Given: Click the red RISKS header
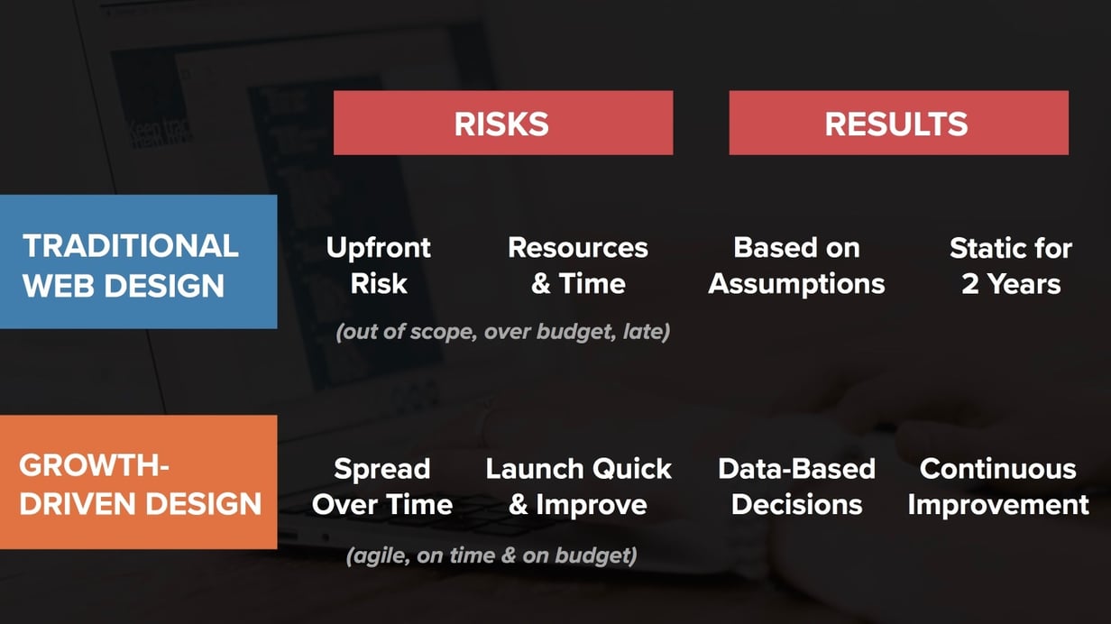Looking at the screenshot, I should point(502,124).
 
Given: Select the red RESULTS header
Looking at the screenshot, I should point(897,124).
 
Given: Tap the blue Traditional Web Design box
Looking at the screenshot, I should point(138,262).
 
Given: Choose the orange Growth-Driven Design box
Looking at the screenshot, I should point(138,482).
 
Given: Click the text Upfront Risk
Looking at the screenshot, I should point(379,265).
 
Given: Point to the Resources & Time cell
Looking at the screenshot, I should point(578,265).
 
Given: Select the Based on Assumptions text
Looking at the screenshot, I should point(796,265).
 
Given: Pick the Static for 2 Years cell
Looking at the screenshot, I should point(1010,265).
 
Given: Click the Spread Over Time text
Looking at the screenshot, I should point(382,486).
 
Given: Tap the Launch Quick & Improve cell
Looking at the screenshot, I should point(578,486).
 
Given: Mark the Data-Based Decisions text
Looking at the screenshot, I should point(796,486).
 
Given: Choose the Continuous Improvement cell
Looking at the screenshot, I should point(998,486).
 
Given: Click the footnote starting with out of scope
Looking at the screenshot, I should point(503,332).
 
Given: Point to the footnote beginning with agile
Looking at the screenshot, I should point(491,555).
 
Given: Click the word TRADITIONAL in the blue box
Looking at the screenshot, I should point(131,245).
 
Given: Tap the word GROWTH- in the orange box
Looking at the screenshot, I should point(95,466).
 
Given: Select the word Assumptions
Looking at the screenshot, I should point(796,283).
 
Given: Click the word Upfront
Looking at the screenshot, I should point(379,248).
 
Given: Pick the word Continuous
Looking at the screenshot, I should point(998,469).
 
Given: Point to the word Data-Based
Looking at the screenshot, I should point(796,469).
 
